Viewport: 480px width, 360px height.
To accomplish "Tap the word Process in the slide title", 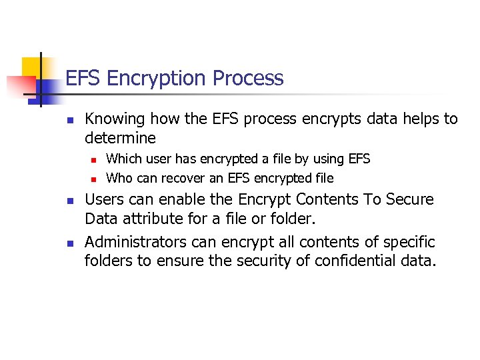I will click(x=249, y=79).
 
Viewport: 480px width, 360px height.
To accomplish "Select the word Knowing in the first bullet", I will click(x=115, y=119).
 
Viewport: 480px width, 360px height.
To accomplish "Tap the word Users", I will click(x=104, y=199).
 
